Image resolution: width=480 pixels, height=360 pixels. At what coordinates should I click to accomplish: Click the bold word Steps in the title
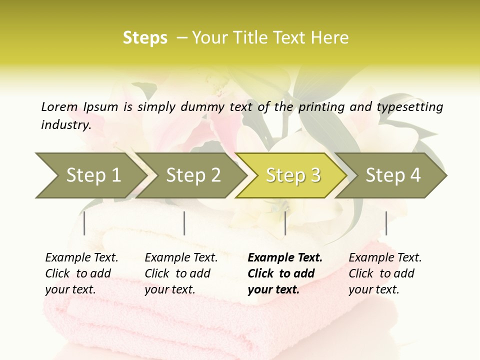click(x=145, y=38)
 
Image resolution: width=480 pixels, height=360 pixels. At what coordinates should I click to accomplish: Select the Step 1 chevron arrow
click(x=90, y=175)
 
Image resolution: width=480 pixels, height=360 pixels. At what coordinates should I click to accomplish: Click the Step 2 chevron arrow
click(x=193, y=175)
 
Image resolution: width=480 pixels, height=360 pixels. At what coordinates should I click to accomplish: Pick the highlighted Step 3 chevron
click(x=293, y=175)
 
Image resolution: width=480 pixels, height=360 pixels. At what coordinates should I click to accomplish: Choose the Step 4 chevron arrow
click(x=393, y=175)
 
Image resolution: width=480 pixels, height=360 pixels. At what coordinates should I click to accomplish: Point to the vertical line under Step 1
click(x=84, y=223)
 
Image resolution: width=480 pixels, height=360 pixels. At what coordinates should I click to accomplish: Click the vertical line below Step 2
click(x=184, y=223)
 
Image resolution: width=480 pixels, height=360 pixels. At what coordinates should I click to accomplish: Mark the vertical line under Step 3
click(x=285, y=223)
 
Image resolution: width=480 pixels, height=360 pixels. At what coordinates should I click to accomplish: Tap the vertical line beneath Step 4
click(x=386, y=223)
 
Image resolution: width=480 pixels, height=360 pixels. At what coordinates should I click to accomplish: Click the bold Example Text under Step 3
click(x=285, y=257)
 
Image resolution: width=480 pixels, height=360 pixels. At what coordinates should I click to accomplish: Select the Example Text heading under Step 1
click(x=81, y=257)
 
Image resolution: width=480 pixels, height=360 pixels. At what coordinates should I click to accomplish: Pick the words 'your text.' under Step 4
click(x=373, y=289)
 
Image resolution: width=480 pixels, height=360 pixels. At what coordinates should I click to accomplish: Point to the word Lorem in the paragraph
click(x=59, y=106)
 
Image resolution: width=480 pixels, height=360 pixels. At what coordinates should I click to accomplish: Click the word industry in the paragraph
click(x=65, y=124)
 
